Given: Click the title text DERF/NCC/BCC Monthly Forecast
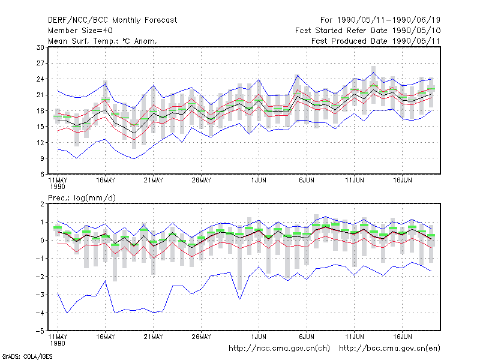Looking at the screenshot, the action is click(x=112, y=20).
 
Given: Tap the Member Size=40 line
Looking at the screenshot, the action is click(x=80, y=31).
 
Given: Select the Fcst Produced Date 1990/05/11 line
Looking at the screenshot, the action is click(x=376, y=41).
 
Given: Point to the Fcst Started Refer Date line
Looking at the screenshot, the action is click(x=368, y=31).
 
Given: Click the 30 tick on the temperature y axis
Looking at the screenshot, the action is click(x=40, y=47).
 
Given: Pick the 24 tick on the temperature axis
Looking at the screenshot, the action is click(x=40, y=79).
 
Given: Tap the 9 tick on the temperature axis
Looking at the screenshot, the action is click(x=42, y=158).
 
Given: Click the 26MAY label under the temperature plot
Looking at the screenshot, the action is click(x=201, y=181).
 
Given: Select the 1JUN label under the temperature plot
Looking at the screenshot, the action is click(x=259, y=181).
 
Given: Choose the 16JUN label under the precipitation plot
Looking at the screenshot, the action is click(x=402, y=337).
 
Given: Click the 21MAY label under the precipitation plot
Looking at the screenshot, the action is click(x=154, y=337).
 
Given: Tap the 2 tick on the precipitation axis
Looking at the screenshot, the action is click(x=42, y=204).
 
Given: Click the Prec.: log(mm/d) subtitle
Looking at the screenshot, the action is click(x=82, y=198).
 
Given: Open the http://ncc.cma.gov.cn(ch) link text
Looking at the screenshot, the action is click(x=279, y=349).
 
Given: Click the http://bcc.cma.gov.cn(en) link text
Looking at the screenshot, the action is click(x=389, y=349).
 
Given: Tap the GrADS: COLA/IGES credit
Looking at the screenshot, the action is click(x=27, y=356).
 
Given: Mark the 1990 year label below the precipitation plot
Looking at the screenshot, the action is click(x=58, y=343).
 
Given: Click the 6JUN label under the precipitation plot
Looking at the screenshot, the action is click(x=307, y=337).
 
